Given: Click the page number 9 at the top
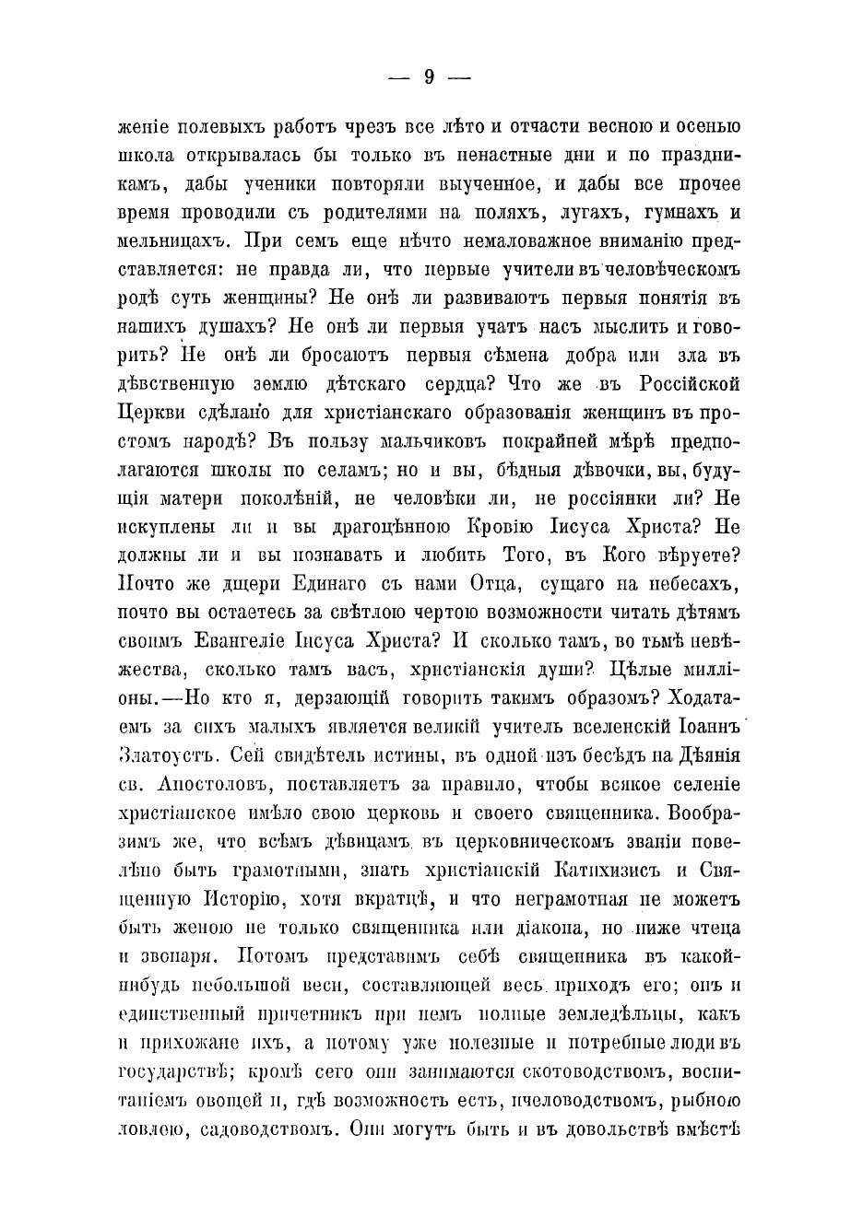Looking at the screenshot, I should click(x=430, y=79).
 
